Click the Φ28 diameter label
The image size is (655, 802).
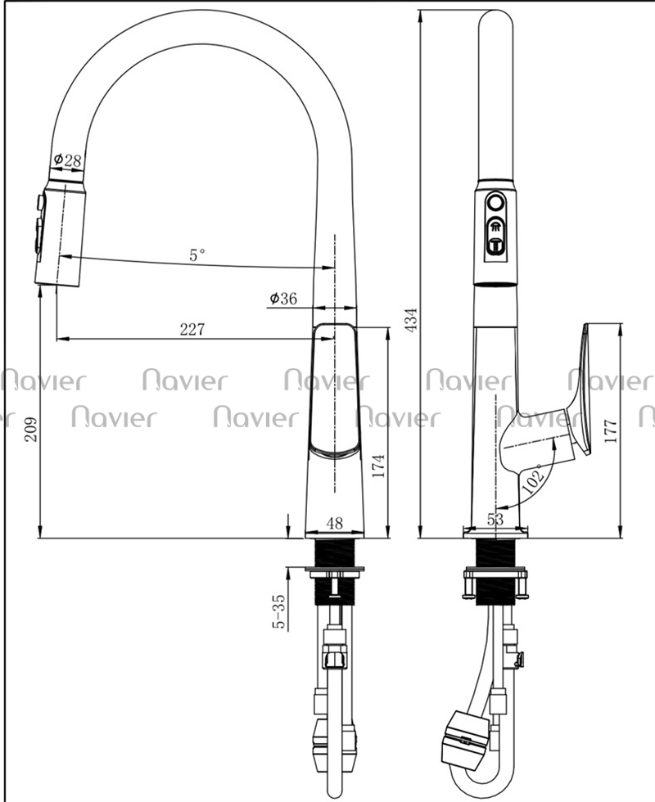[67, 160]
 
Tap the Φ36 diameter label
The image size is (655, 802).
[283, 298]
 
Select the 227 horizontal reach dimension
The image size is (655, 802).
[192, 329]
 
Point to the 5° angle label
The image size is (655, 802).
[197, 255]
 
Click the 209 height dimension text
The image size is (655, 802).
[30, 430]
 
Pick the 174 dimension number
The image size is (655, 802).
[378, 465]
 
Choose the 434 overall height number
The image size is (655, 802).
[411, 320]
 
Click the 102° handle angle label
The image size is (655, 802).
[534, 478]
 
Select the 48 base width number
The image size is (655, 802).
[335, 523]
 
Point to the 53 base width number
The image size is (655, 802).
[495, 520]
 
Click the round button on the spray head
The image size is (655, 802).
[495, 202]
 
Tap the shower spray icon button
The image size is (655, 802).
[495, 227]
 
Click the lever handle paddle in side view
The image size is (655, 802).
[582, 389]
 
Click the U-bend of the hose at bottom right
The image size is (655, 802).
[482, 779]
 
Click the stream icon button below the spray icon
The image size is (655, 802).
[495, 246]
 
